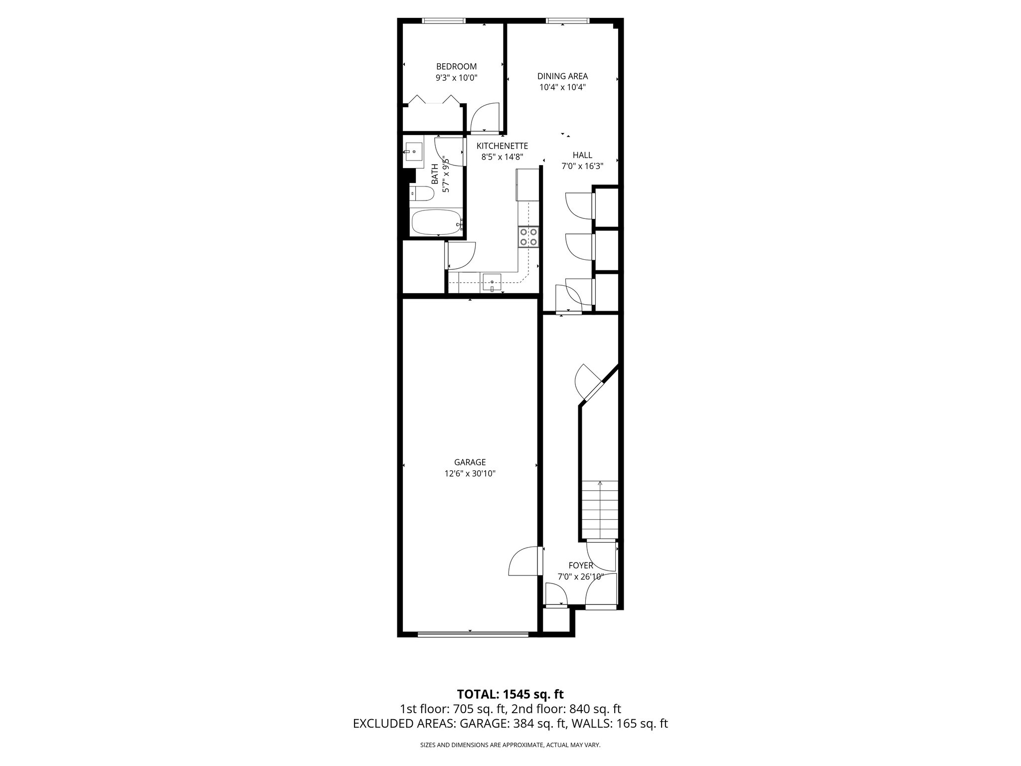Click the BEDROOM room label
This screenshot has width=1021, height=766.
click(x=456, y=66)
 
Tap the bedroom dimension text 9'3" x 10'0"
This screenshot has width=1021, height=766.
click(x=456, y=78)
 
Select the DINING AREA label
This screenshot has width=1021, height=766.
click(x=562, y=76)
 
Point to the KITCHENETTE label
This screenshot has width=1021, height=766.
click(x=502, y=146)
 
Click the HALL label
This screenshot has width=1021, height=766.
click(x=582, y=155)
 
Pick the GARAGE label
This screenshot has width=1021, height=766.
click(x=470, y=462)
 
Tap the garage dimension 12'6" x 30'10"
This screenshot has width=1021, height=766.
click(x=470, y=474)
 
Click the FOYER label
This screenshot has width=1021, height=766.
click(x=581, y=565)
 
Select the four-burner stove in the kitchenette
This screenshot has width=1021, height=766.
click(x=528, y=236)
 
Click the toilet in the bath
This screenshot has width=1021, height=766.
click(x=421, y=193)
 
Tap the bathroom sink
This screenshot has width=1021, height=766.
click(x=413, y=152)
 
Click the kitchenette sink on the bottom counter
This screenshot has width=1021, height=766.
click(x=492, y=283)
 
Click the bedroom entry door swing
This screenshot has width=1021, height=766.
click(x=485, y=118)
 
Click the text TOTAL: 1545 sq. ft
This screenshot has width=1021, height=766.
click(x=510, y=694)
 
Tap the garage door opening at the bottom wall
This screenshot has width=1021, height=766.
click(x=472, y=634)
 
